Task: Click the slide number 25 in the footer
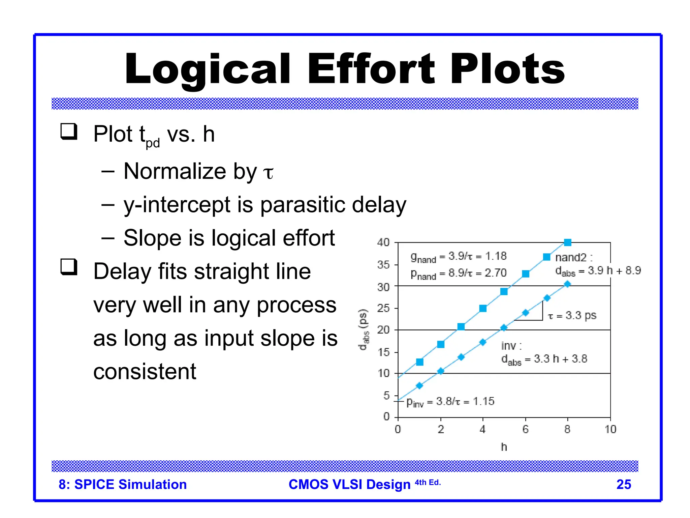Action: coord(623,484)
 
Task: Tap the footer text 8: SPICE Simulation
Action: coord(123,484)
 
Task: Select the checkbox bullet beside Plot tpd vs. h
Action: coord(69,132)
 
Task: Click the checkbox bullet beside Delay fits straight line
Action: coord(69,267)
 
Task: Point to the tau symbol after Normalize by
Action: coord(268,173)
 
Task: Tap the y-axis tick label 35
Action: coord(383,265)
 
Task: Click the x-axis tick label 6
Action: coord(525,429)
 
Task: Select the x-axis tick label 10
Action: coord(610,429)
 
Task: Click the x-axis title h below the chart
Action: coord(504,447)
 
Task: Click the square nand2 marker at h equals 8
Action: coord(568,242)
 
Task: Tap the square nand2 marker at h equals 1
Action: coord(420,362)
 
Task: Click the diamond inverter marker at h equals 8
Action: coord(567,284)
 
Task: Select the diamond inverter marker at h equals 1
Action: coord(419,385)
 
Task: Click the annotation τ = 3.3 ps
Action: coord(572,316)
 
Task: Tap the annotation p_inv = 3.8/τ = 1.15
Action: coord(450,402)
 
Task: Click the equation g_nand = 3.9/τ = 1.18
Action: coord(458,257)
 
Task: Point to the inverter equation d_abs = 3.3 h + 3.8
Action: coord(544,359)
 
